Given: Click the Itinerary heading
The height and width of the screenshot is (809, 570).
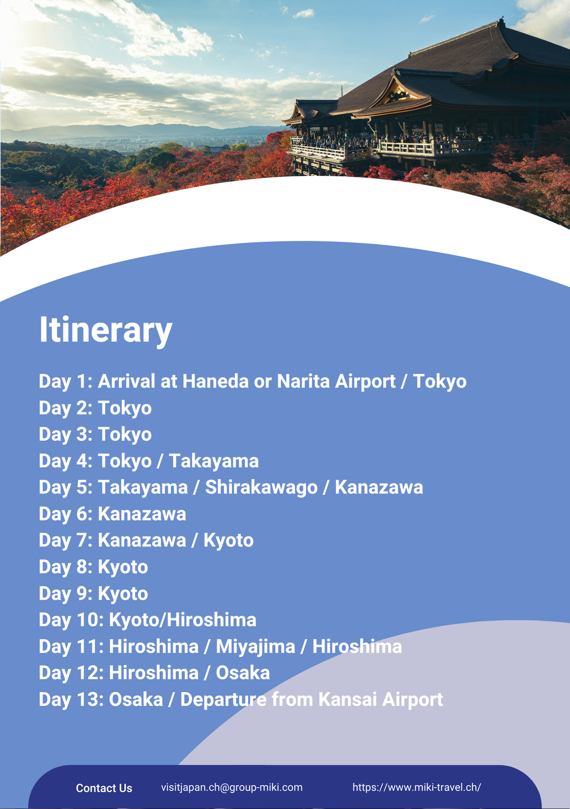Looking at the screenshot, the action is (x=106, y=330).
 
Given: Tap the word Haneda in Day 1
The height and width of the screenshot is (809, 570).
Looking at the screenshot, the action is (x=215, y=381).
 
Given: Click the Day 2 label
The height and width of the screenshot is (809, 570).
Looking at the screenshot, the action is (x=66, y=408).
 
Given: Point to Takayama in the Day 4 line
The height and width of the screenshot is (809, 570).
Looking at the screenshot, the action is (x=214, y=461).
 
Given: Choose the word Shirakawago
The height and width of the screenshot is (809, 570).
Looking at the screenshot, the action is (x=261, y=487).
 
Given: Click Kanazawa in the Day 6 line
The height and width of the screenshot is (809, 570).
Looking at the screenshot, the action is (x=142, y=514).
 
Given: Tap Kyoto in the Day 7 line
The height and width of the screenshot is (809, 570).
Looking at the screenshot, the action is (x=228, y=541).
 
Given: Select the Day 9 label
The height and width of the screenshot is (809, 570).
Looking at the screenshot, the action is (x=66, y=594).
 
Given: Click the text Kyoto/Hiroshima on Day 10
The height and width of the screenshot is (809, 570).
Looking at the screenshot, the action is (x=182, y=620).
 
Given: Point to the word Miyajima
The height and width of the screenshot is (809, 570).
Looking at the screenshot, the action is (x=255, y=647).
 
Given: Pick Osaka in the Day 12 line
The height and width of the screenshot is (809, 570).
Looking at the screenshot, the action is (x=243, y=673).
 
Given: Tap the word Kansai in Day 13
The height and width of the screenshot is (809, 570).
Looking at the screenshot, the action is (x=348, y=700).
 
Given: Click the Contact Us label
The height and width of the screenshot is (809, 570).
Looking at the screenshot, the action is (x=104, y=788).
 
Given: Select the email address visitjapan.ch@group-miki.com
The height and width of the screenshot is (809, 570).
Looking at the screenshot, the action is (x=232, y=787).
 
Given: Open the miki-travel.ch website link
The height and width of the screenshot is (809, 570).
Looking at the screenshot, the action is (x=417, y=787).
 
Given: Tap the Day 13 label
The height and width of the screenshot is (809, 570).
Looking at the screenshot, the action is (x=71, y=700).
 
